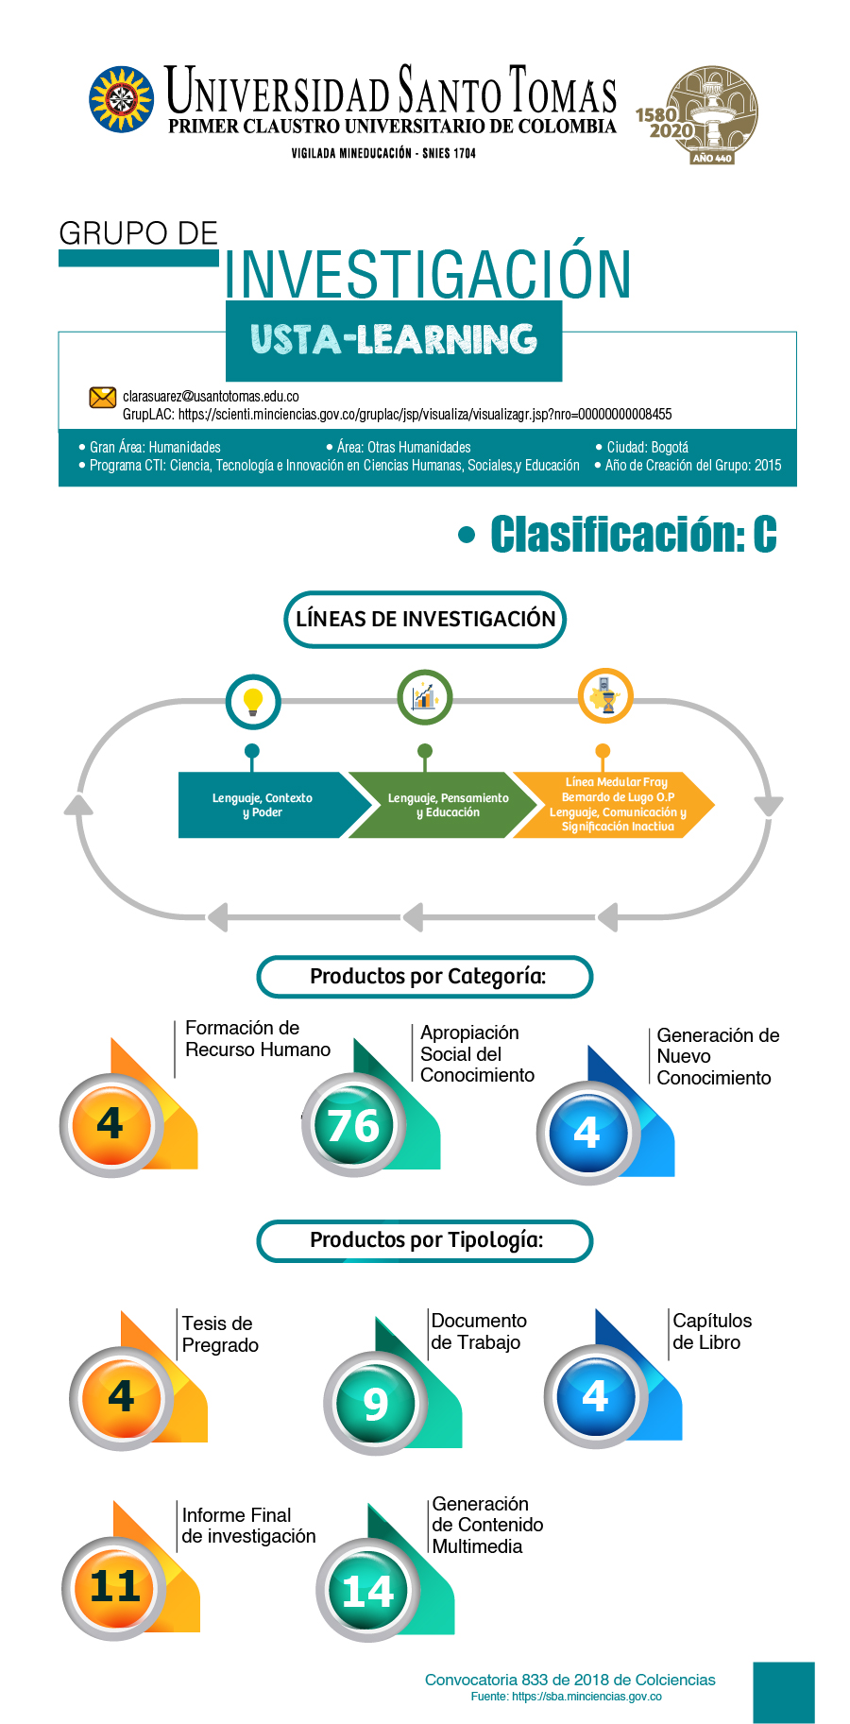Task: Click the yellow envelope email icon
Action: tap(102, 398)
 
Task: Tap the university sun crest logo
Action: tap(121, 98)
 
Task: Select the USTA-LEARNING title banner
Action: tap(394, 341)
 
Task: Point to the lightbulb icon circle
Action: tap(253, 702)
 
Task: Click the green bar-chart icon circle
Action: tap(425, 697)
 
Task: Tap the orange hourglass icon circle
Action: tap(605, 696)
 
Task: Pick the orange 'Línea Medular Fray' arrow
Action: tap(614, 805)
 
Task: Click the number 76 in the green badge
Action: tap(353, 1125)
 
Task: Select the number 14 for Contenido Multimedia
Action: tap(367, 1592)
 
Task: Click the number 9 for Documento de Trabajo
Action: tap(376, 1404)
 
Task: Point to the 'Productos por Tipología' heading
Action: tap(425, 1240)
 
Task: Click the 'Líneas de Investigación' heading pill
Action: tap(425, 620)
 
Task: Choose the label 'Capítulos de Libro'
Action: tap(712, 1331)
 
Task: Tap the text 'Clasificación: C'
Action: tap(633, 535)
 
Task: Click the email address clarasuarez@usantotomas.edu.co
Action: tap(211, 397)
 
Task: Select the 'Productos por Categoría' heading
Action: tap(425, 977)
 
